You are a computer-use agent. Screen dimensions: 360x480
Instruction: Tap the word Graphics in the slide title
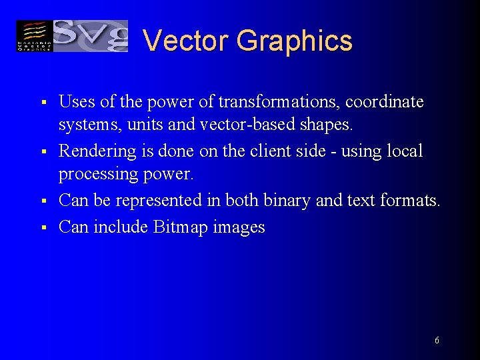pyautogui.click(x=294, y=41)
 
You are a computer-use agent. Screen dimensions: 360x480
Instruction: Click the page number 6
pyautogui.click(x=437, y=341)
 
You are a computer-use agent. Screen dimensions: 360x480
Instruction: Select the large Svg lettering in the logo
pyautogui.click(x=90, y=35)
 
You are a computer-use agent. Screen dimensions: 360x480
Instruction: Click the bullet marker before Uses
pyautogui.click(x=42, y=103)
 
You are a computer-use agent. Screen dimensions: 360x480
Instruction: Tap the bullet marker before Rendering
pyautogui.click(x=42, y=152)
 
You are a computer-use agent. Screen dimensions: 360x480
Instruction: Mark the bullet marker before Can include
pyautogui.click(x=42, y=228)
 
